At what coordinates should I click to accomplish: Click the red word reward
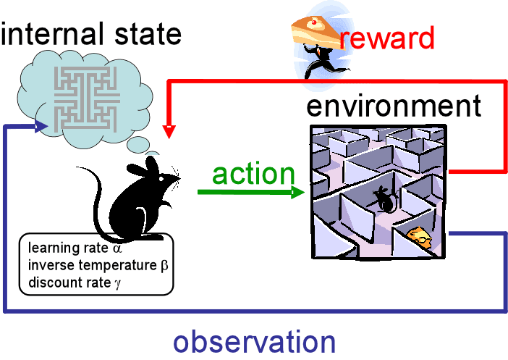(386, 38)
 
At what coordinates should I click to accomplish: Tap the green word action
(253, 174)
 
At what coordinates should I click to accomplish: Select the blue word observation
(253, 341)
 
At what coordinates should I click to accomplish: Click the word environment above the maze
(393, 106)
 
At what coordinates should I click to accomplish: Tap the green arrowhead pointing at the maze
(297, 193)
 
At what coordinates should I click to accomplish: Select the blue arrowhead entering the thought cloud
(43, 127)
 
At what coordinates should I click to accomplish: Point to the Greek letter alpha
(118, 251)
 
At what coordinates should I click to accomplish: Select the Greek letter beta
(164, 266)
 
